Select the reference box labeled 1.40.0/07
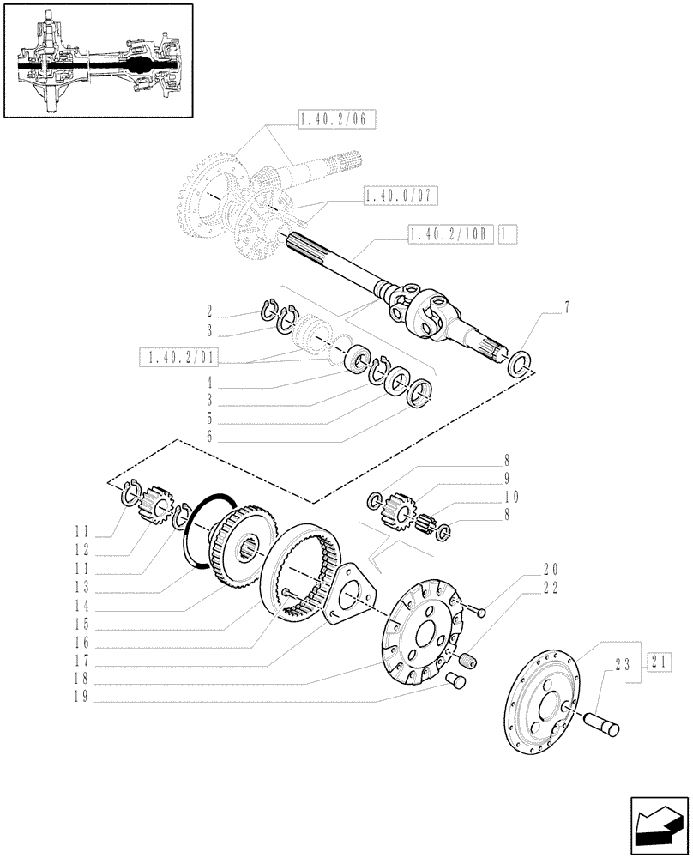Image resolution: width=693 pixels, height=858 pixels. pyautogui.click(x=400, y=196)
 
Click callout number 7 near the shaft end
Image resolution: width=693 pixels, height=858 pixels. pyautogui.click(x=566, y=306)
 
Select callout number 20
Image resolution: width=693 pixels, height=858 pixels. pyautogui.click(x=549, y=568)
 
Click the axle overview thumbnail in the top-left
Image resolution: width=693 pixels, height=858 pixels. pyautogui.click(x=99, y=60)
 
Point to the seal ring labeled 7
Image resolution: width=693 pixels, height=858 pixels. pyautogui.click(x=520, y=363)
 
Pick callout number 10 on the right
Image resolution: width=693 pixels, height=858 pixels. pyautogui.click(x=512, y=497)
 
